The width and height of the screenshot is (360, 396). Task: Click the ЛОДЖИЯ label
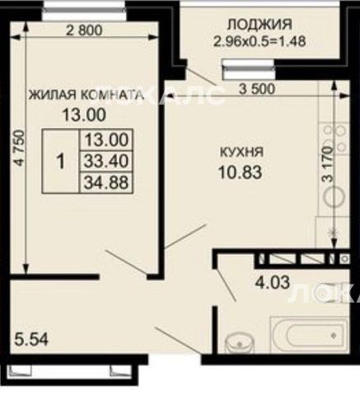[x=259, y=24]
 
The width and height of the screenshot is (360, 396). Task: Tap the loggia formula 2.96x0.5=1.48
[x=259, y=42]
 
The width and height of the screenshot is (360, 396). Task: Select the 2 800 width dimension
[x=84, y=30]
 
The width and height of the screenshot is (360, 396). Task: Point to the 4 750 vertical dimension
[x=20, y=148]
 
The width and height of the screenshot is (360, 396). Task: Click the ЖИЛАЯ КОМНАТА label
[x=86, y=95]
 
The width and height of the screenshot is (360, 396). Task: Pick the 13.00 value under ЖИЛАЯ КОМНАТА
[x=84, y=115]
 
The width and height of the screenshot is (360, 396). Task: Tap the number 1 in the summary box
[x=60, y=161]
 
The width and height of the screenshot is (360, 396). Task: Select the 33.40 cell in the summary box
[x=106, y=161]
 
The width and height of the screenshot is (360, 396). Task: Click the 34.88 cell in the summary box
[x=106, y=182]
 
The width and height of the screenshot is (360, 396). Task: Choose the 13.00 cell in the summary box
[x=106, y=139]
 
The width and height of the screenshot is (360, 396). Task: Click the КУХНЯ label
[x=242, y=152]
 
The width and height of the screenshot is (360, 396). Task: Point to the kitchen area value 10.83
[x=241, y=172]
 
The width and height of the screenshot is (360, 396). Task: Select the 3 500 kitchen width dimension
[x=257, y=89]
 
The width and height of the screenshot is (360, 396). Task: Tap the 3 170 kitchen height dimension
[x=328, y=163]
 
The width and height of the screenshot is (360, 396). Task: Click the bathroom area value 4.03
[x=273, y=282]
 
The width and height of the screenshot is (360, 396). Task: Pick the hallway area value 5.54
[x=31, y=339]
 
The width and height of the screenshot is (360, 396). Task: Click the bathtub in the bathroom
[x=309, y=334]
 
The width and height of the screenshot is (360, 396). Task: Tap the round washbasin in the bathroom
[x=238, y=343]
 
